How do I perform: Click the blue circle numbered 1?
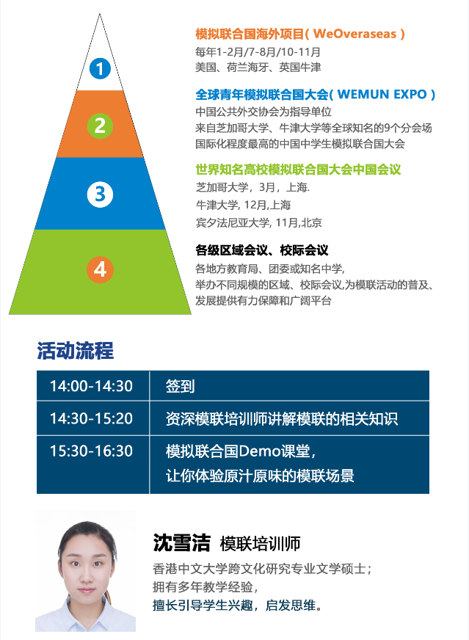100,68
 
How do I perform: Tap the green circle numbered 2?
100,126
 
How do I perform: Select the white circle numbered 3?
100,194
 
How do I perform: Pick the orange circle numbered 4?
100,269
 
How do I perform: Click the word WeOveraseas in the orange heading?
355,34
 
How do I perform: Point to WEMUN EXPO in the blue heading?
382,94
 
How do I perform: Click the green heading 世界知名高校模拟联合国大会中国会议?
298,170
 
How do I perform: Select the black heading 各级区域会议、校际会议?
261,250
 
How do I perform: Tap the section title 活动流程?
75,351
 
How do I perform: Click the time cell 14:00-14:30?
92,386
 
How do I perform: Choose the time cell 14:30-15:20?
92,418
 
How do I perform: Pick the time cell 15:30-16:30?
92,451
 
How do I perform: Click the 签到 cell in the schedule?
180,386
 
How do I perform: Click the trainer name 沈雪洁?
181,543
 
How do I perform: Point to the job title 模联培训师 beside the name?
260,544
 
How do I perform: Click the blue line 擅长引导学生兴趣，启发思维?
237,605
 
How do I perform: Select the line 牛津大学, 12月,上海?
243,205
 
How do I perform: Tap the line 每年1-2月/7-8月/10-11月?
258,52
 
